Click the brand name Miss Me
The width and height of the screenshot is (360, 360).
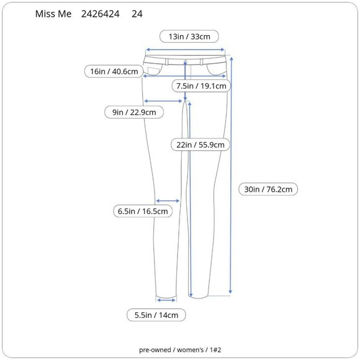[x=53, y=14]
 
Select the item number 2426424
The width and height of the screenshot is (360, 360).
[x=101, y=14]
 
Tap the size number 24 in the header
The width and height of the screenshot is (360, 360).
[x=137, y=14]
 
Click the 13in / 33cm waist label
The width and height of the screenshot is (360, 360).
[x=189, y=37]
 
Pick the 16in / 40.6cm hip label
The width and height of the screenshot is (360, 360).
[x=114, y=71]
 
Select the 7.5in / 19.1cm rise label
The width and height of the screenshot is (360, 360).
[x=201, y=86]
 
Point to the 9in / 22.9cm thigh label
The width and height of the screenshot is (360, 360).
[x=134, y=112]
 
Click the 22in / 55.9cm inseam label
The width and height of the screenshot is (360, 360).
[x=200, y=145]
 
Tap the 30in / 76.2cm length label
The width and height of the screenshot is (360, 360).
[x=268, y=189]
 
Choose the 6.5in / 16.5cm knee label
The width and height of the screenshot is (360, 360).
[x=143, y=211]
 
